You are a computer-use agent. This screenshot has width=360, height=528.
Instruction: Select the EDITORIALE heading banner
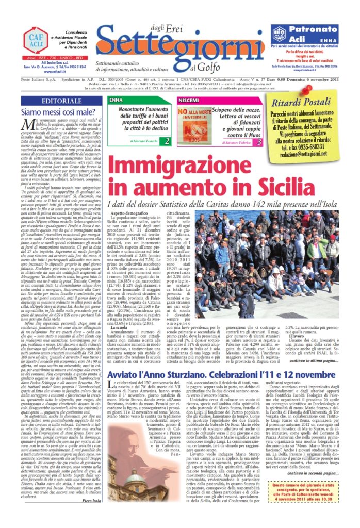61,101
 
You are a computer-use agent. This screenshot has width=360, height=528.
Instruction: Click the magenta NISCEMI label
187,100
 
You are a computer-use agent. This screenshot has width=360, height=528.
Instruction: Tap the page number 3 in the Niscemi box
259,141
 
